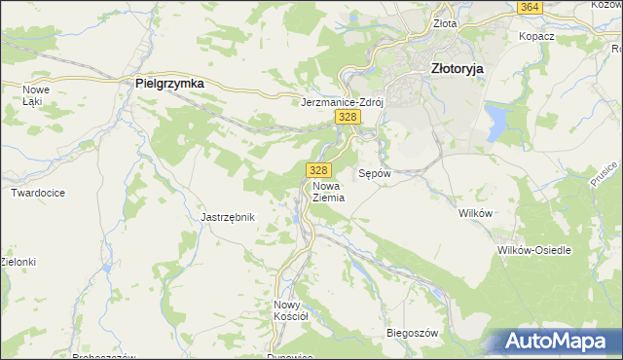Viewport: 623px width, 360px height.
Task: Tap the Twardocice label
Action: (x=38, y=193)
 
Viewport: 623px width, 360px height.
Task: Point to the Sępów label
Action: (x=375, y=173)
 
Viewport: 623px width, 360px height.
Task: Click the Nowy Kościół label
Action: (x=291, y=309)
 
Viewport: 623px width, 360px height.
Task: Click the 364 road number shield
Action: (x=530, y=7)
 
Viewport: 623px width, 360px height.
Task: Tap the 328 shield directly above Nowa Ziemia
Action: (x=315, y=169)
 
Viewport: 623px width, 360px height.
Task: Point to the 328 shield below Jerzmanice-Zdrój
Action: (x=348, y=117)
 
